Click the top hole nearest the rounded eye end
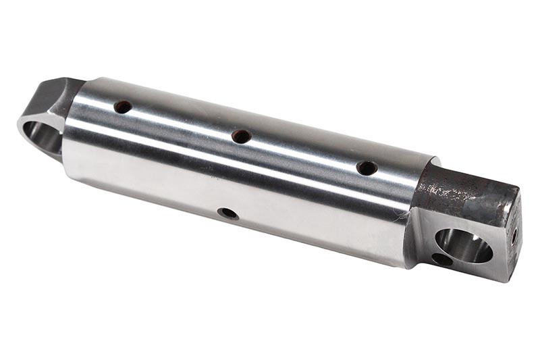tap(123, 107)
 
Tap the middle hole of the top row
tap(241, 136)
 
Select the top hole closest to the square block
tap(367, 168)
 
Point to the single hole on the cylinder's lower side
tap(227, 213)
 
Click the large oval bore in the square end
tap(463, 245)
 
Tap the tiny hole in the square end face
tap(514, 236)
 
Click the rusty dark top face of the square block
tap(466, 192)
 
